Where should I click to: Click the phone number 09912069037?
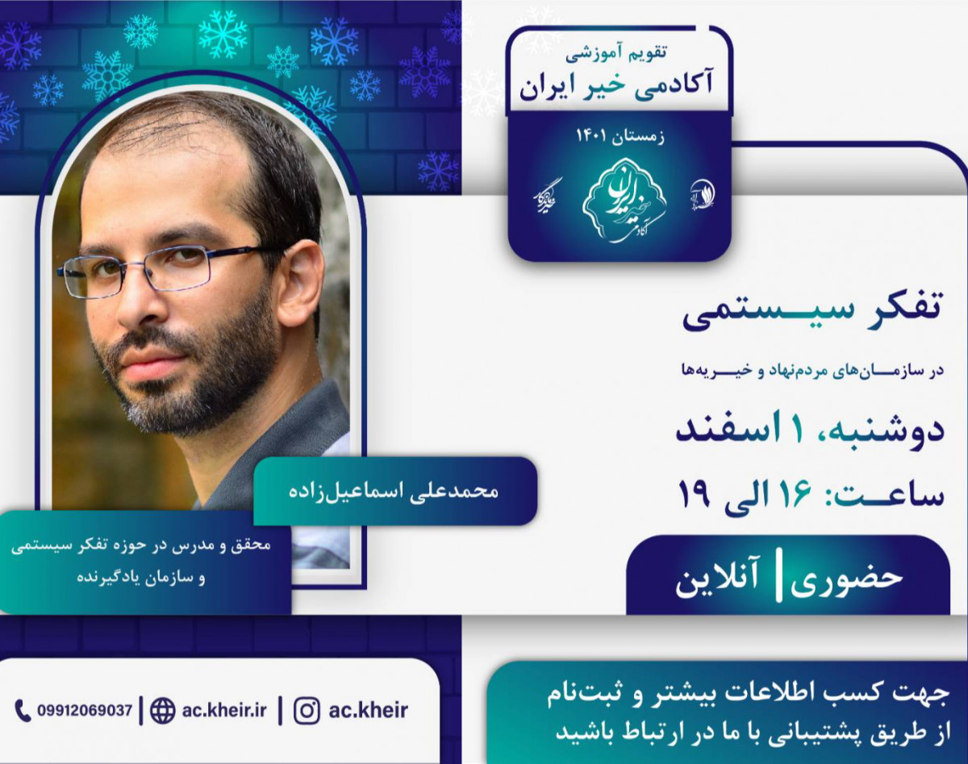coord(85,711)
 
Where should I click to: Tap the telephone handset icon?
coord(23,710)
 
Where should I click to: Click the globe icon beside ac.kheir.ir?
coord(163,711)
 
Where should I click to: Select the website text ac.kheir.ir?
coord(223,711)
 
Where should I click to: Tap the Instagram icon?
coord(306,711)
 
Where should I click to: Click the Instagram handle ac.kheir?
coord(369,711)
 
